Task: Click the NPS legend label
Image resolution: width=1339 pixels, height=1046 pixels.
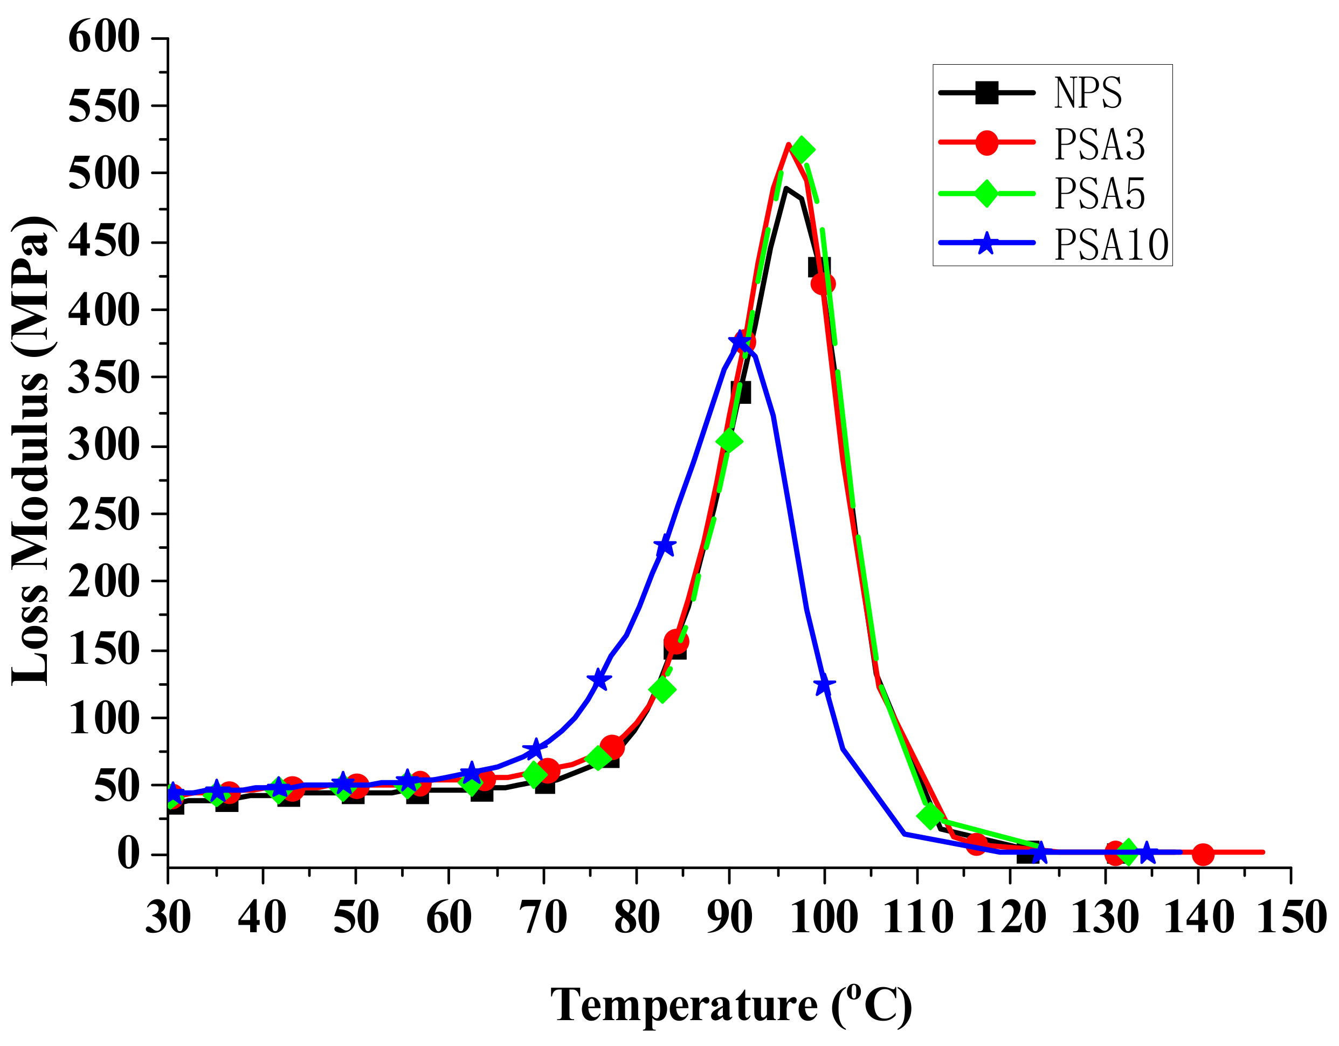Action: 1088,93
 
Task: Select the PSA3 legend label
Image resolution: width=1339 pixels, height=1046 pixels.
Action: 1099,144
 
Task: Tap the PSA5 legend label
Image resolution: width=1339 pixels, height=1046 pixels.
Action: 1099,194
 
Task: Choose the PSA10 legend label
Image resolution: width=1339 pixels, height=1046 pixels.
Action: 1111,245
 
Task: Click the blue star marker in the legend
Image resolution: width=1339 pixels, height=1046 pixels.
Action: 985,243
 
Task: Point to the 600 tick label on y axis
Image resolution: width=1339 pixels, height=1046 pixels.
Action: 103,37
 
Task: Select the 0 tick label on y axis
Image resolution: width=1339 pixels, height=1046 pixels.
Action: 128,854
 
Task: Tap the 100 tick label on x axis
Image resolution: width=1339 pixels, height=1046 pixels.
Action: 823,918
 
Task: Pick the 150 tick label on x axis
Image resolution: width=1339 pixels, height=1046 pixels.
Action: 1291,918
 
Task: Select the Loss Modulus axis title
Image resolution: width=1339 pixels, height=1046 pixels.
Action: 31,451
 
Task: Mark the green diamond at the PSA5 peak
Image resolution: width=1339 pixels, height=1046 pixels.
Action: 802,149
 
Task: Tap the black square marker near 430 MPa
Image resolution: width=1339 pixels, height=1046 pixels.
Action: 819,267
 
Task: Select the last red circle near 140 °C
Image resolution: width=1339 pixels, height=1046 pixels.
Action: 1203,854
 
